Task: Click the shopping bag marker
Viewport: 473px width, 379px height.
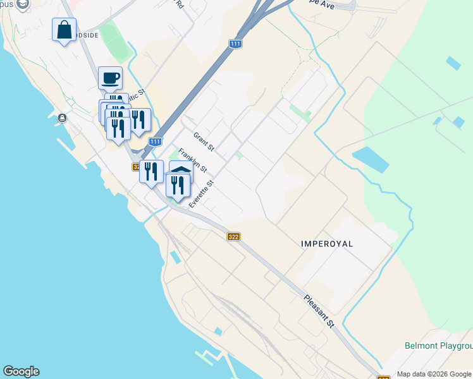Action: click(64, 30)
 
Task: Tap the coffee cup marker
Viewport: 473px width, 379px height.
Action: click(110, 78)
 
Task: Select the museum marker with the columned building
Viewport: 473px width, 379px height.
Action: click(180, 171)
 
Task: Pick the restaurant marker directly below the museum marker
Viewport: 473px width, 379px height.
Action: click(178, 186)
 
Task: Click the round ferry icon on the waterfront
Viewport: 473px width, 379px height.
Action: click(62, 118)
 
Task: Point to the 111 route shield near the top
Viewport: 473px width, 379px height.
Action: click(235, 44)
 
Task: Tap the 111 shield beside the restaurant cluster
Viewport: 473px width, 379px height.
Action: click(156, 142)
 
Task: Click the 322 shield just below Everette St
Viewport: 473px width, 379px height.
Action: click(233, 237)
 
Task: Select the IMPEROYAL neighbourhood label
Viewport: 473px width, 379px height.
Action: click(327, 243)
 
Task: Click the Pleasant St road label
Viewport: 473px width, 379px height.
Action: click(319, 311)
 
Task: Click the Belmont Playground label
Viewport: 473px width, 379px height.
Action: click(439, 346)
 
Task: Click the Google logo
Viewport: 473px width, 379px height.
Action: click(21, 371)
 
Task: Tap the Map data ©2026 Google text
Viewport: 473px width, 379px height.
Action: click(434, 374)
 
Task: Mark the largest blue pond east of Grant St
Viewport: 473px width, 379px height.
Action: click(370, 159)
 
